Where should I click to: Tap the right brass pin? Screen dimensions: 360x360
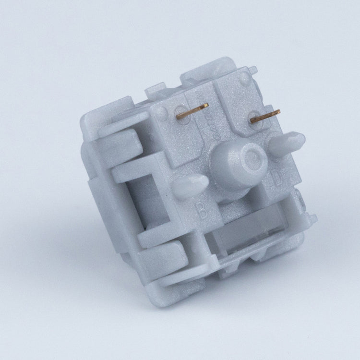pyautogui.click(x=265, y=116)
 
